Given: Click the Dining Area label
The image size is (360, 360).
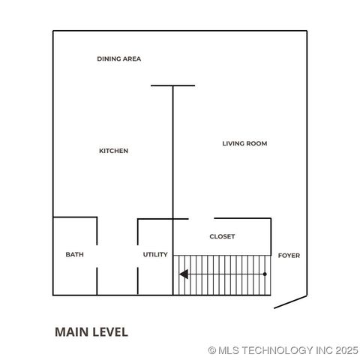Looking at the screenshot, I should [x=118, y=58].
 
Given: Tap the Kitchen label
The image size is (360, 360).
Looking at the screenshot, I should [x=114, y=151].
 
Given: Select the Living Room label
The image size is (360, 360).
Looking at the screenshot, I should [x=244, y=143].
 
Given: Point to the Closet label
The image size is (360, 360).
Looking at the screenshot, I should [x=222, y=236].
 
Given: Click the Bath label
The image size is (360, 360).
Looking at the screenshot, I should [x=74, y=255].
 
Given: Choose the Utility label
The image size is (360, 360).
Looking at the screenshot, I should [x=155, y=255].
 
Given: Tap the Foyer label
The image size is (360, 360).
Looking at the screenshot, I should [x=289, y=256].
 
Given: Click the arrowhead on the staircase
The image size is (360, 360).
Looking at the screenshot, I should [x=183, y=274].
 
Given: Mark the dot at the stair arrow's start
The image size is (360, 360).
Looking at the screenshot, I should [x=265, y=274].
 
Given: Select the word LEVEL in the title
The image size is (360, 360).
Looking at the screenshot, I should [x=109, y=331].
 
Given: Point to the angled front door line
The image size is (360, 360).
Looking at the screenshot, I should [x=290, y=301].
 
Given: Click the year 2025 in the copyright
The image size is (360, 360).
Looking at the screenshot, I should [x=346, y=349].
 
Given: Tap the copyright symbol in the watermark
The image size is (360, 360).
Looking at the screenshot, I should [x=212, y=349].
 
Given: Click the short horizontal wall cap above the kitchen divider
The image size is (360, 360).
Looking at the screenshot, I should [x=172, y=85].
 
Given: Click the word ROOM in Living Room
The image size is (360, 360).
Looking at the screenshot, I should [x=256, y=143].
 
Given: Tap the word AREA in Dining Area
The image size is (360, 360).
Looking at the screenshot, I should [x=132, y=58].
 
